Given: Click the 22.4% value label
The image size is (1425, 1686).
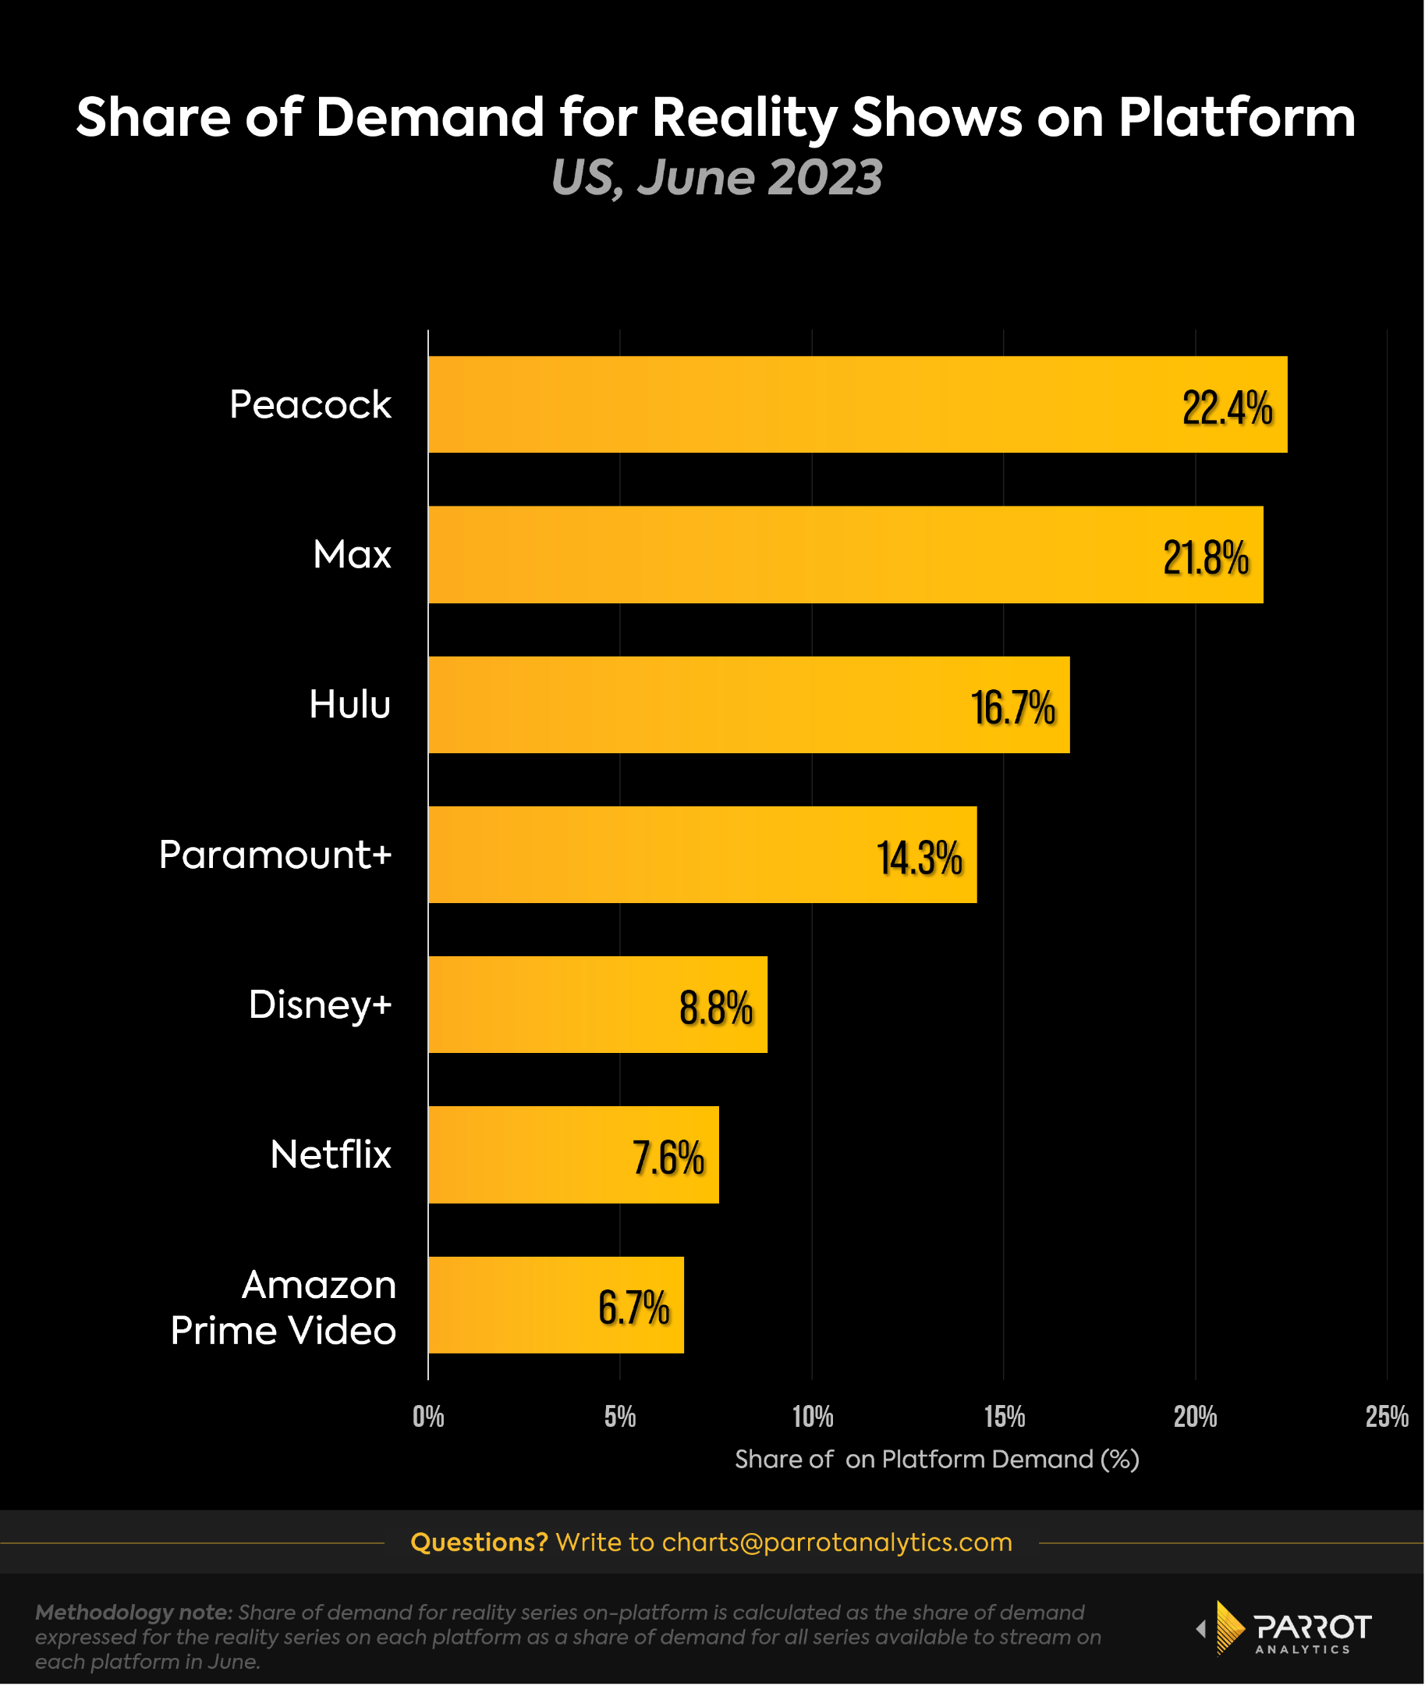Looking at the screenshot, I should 1226,407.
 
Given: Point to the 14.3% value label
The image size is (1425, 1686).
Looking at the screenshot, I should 920,858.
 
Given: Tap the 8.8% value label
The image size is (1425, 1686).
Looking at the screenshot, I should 716,1008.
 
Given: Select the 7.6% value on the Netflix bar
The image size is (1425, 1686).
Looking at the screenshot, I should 668,1158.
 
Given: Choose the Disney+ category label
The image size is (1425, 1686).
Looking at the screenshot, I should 320,1005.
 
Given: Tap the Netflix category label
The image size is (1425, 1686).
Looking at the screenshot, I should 331,1154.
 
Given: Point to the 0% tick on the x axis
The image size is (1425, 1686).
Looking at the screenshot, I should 428,1417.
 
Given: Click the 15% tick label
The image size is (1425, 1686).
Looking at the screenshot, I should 1004,1417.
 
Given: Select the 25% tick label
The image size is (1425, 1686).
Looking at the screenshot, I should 1386,1417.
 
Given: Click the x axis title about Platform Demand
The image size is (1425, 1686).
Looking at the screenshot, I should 936,1459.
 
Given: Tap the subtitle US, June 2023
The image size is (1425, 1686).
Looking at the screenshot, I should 716,177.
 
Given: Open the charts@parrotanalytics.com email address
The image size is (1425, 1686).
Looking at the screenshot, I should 836,1542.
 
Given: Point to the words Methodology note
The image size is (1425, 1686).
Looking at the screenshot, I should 133,1613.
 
